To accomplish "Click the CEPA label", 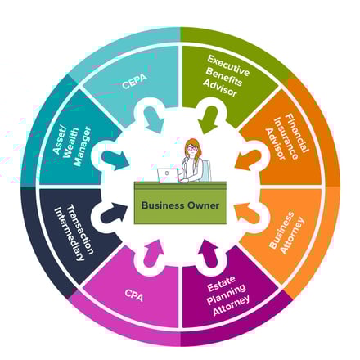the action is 135,81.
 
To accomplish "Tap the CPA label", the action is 134,295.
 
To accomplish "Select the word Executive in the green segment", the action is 228,65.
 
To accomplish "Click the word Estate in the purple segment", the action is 221,283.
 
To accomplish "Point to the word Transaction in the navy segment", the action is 80,230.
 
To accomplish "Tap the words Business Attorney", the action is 286,232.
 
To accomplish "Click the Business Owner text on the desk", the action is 180,205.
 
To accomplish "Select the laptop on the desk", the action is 168,175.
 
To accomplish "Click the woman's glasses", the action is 191,148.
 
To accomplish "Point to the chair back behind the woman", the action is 206,170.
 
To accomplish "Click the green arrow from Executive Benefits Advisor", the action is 209,119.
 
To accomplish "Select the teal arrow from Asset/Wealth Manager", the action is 115,160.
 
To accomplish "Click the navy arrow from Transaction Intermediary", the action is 114,213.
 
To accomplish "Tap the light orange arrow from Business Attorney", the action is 247,213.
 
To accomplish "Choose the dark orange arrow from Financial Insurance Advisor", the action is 248,160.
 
